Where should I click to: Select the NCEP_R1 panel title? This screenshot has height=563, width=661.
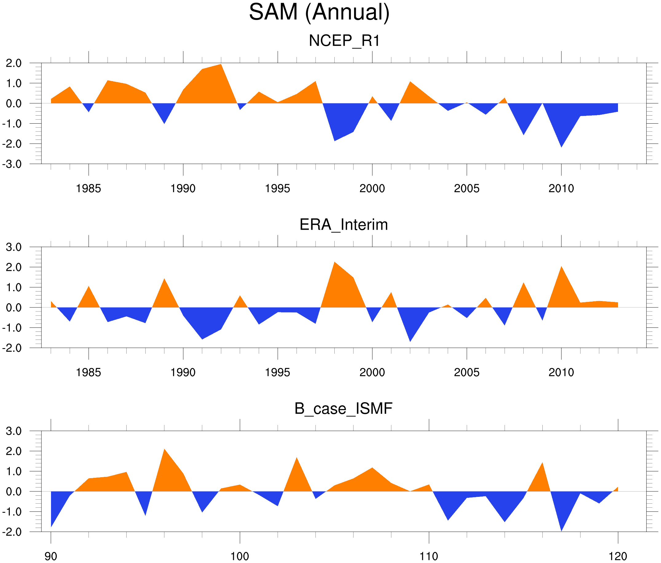point(344,41)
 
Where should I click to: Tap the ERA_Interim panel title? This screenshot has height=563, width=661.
point(344,225)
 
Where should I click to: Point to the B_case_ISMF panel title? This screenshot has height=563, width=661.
point(343,409)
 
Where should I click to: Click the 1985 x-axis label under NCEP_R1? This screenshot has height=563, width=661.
point(89,188)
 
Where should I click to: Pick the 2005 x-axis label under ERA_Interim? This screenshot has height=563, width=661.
point(467,372)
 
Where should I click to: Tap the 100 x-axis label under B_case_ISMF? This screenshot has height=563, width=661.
point(240,556)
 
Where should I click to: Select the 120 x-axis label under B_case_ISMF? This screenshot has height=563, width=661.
point(618,556)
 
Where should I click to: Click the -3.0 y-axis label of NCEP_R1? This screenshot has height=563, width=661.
point(12,165)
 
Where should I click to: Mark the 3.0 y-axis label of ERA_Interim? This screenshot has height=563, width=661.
point(14,247)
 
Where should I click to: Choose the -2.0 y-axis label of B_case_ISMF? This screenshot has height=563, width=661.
point(12,532)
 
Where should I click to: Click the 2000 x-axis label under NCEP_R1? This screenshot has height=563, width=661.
point(372,188)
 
